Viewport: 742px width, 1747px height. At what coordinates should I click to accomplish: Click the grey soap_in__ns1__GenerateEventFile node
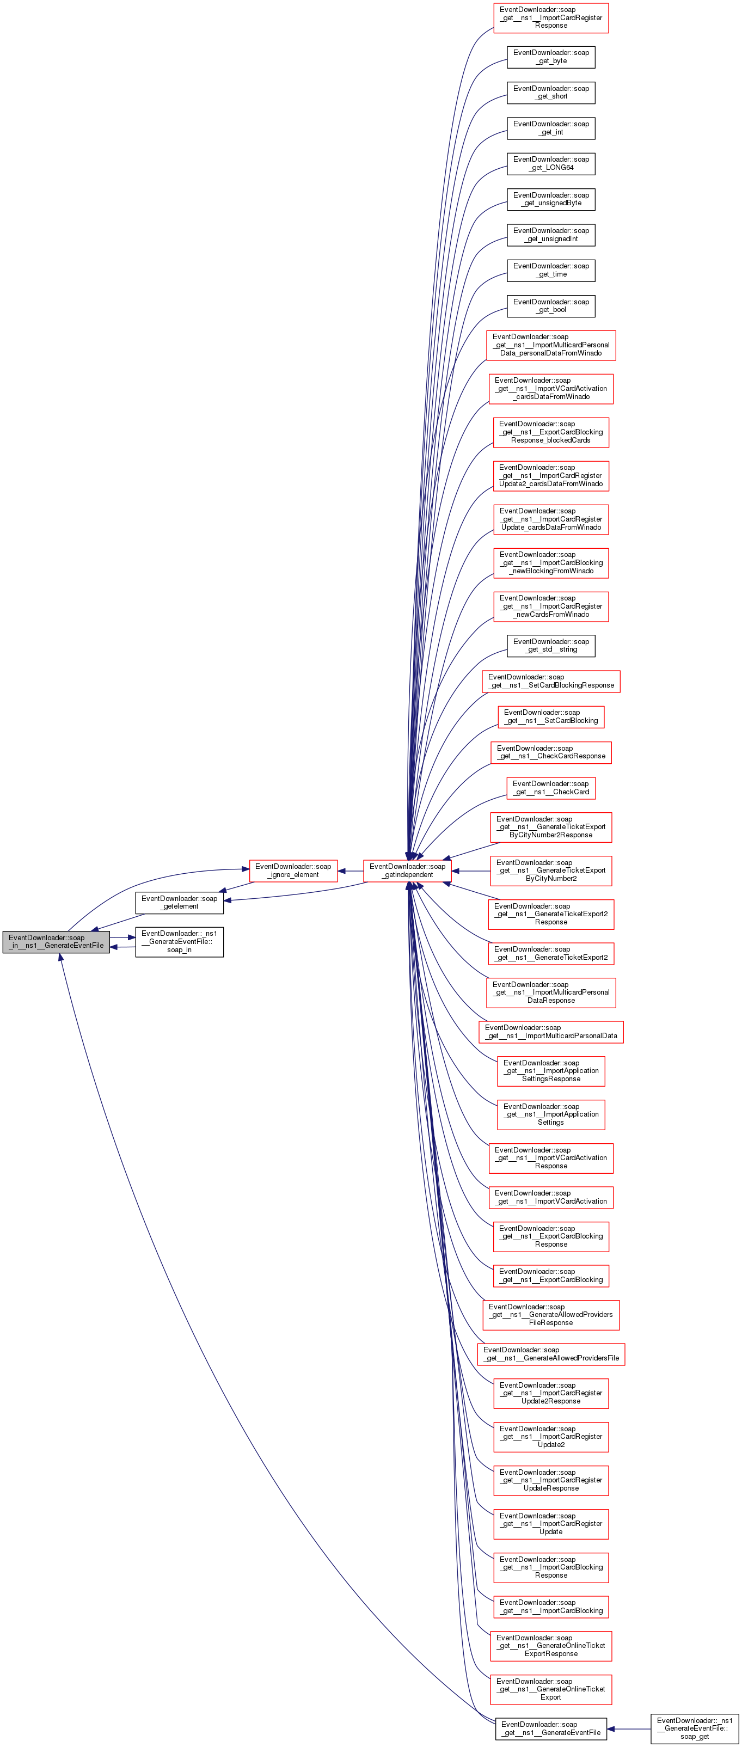pyautogui.click(x=56, y=941)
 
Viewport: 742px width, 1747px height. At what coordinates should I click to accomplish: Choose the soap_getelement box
pyautogui.click(x=179, y=902)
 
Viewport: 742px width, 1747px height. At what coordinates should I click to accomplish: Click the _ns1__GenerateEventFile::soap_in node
pyautogui.click(x=179, y=941)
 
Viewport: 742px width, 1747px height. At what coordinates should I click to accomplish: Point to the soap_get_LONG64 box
pyautogui.click(x=551, y=163)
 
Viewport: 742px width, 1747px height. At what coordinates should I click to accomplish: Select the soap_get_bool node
pyautogui.click(x=551, y=306)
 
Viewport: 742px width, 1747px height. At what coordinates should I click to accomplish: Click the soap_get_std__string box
pyautogui.click(x=551, y=646)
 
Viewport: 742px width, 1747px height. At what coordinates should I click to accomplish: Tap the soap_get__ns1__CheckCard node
pyautogui.click(x=551, y=787)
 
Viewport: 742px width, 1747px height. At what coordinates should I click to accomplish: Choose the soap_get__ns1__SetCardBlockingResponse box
pyautogui.click(x=551, y=681)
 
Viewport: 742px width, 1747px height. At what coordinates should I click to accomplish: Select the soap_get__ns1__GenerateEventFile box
pyautogui.click(x=551, y=1728)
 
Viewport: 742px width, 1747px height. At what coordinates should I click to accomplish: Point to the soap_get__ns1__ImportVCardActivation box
pyautogui.click(x=551, y=1197)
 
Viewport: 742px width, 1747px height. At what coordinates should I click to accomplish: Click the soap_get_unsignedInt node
pyautogui.click(x=551, y=235)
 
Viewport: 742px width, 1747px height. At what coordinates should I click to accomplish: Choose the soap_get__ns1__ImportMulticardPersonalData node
pyautogui.click(x=551, y=1032)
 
